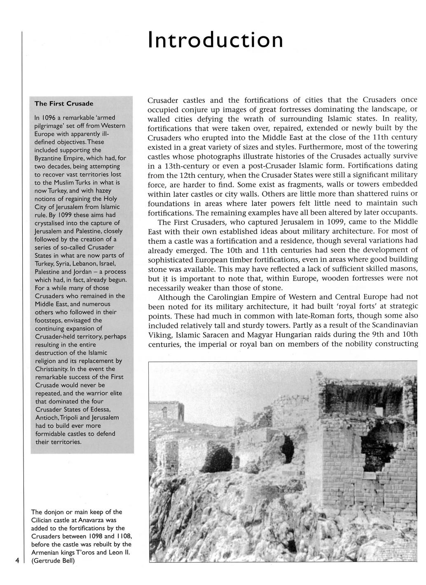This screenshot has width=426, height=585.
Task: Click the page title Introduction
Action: [x=215, y=40]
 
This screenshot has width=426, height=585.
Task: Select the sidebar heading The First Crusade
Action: [x=64, y=103]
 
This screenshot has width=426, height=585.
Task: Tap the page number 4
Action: [x=17, y=560]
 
